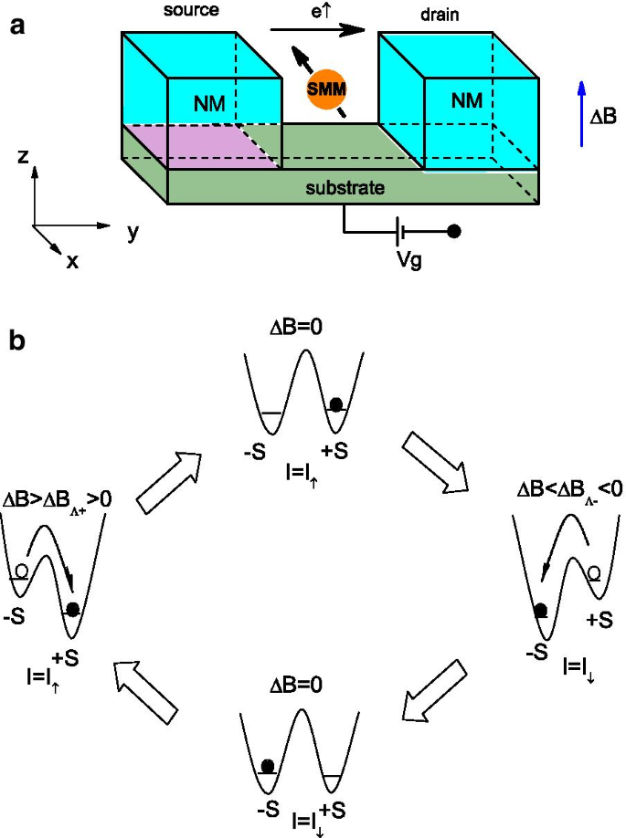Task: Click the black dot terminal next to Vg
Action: pyautogui.click(x=454, y=232)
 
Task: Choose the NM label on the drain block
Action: pyautogui.click(x=466, y=100)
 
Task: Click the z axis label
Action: pyautogui.click(x=22, y=157)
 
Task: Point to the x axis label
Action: pyautogui.click(x=72, y=262)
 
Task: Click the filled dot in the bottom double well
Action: pyautogui.click(x=268, y=766)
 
